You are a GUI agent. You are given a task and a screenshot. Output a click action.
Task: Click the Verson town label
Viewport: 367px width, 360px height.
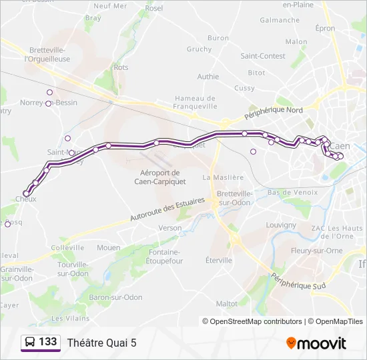click(x=170, y=228)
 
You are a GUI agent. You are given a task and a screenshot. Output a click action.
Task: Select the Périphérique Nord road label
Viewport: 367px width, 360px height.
click(x=274, y=114)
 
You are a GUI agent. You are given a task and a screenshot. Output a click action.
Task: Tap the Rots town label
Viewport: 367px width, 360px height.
click(x=121, y=67)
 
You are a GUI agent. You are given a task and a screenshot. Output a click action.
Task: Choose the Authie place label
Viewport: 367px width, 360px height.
click(x=208, y=77)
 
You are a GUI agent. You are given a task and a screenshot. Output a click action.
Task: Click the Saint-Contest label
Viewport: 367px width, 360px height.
click(x=263, y=57)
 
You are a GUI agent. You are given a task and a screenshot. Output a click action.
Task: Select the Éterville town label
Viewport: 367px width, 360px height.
click(x=219, y=261)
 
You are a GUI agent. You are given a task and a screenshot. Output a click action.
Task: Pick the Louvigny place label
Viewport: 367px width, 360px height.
click(x=281, y=225)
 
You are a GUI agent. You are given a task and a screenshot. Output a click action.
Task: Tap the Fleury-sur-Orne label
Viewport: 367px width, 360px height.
click(x=317, y=251)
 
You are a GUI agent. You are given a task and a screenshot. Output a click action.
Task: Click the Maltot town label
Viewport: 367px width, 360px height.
click(x=227, y=304)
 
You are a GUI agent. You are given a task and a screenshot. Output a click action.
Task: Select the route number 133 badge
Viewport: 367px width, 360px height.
click(x=41, y=343)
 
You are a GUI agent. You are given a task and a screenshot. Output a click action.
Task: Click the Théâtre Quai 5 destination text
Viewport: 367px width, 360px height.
click(x=101, y=343)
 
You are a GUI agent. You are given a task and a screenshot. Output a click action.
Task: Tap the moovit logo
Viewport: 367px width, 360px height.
click(x=316, y=343)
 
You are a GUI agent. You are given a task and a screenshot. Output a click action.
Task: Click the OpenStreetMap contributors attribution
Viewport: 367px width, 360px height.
click(x=252, y=321)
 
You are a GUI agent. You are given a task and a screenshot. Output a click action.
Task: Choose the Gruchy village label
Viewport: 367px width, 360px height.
click(x=199, y=49)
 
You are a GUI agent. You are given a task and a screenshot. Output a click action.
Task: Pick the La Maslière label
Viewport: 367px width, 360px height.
click(x=220, y=178)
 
